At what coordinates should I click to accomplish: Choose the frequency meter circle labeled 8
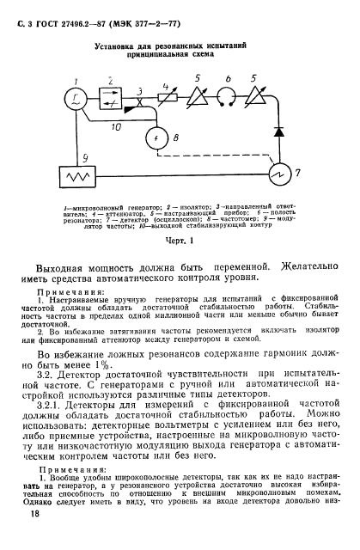(x=156, y=137)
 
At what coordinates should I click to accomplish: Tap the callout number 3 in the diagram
(x=141, y=90)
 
